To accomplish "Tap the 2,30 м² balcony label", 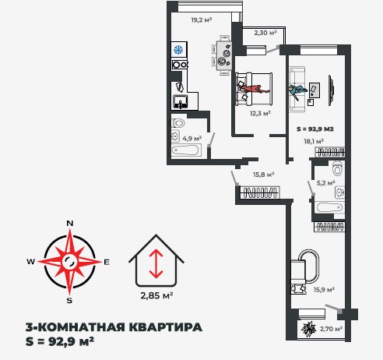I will click(x=265, y=33).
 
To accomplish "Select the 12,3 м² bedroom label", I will click(x=260, y=113).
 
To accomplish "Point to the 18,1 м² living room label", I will click(x=314, y=141).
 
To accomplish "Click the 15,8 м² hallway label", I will click(x=264, y=175).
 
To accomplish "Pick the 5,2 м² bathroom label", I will click(x=326, y=183).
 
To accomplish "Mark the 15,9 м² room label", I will click(x=324, y=290).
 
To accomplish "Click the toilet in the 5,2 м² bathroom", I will click(x=337, y=171).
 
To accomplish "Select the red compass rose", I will click(x=70, y=261).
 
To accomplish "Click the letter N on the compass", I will click(x=70, y=224).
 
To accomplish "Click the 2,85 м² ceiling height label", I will click(x=156, y=295).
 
